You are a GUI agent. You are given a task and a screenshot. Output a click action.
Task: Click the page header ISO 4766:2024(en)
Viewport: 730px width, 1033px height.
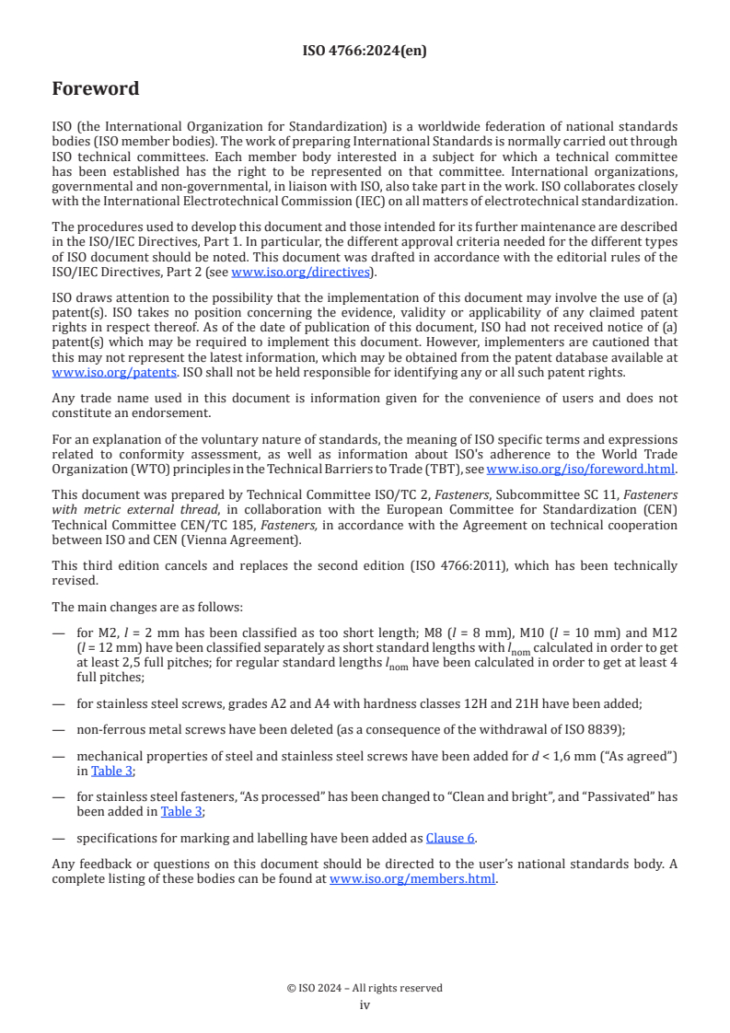click(x=365, y=52)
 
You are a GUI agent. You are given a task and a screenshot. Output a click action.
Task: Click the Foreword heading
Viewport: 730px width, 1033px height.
click(x=96, y=89)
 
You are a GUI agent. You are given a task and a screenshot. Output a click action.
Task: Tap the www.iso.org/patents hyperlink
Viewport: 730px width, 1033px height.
click(x=91, y=372)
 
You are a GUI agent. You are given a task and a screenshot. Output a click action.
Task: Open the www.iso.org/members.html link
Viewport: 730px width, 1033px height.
click(x=412, y=878)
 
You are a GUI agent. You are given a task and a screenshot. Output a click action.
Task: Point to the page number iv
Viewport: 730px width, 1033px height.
click(x=365, y=1004)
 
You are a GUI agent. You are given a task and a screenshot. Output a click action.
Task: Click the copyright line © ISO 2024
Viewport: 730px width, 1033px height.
click(x=365, y=988)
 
